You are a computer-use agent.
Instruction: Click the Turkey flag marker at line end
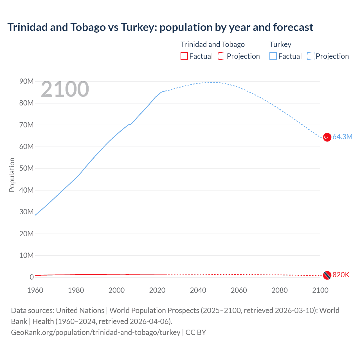(x=327, y=137)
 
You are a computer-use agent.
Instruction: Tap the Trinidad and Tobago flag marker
(x=327, y=275)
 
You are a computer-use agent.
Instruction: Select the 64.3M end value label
(x=342, y=137)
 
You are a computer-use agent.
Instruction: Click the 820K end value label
(x=341, y=275)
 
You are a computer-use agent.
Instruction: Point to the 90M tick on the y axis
(x=26, y=81)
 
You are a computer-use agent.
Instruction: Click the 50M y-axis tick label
(x=26, y=168)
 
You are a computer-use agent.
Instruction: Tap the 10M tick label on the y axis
(x=26, y=255)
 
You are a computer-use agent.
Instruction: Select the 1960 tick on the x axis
(x=35, y=290)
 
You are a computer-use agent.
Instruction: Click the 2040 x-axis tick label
(x=198, y=290)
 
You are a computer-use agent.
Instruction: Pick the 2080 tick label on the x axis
(x=280, y=290)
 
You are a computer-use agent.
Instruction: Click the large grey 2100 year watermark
(x=65, y=89)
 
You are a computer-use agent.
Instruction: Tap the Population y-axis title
(x=12, y=175)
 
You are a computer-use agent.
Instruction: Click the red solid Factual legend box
(x=184, y=56)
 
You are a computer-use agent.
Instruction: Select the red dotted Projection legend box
(x=222, y=56)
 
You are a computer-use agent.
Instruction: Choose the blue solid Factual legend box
(x=273, y=56)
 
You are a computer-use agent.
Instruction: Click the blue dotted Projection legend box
(x=311, y=56)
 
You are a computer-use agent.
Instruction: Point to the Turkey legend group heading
(x=280, y=44)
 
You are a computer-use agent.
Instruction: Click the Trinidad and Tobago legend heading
(x=213, y=44)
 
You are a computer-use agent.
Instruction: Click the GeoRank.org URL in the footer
(x=96, y=332)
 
